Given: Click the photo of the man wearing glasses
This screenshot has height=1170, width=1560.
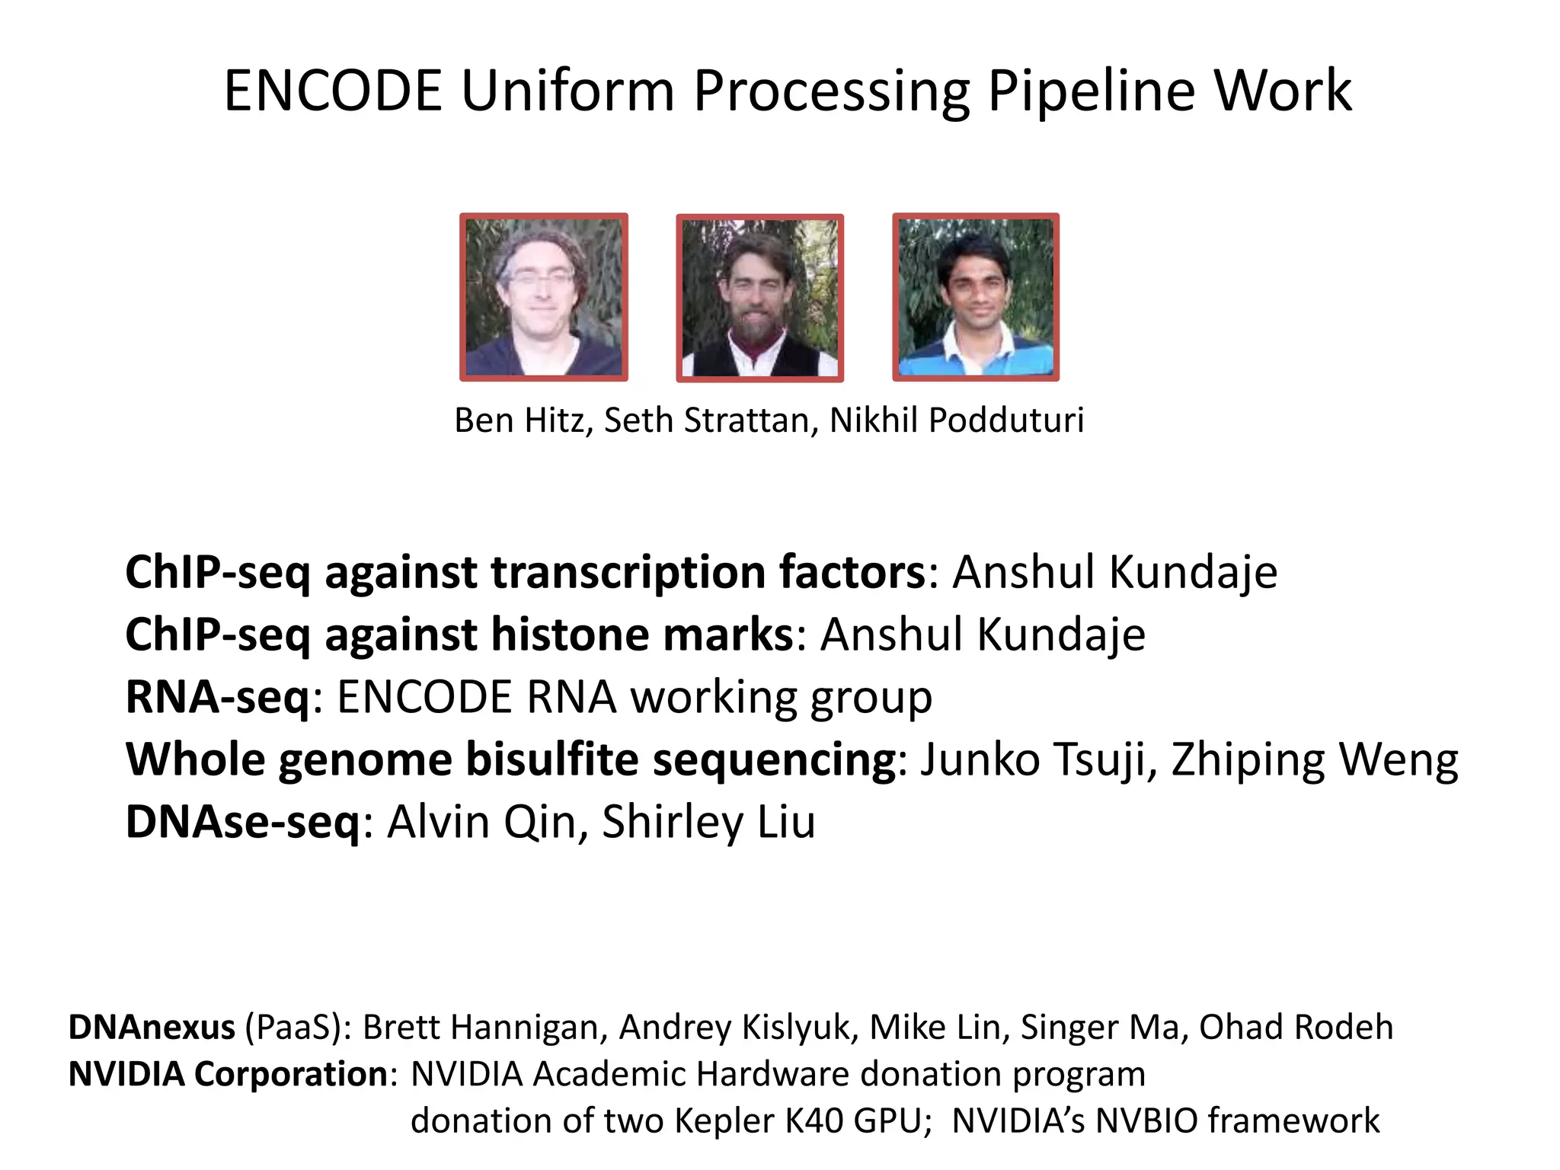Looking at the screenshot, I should tap(544, 297).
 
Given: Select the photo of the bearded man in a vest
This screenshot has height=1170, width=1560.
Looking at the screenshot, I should tap(760, 298).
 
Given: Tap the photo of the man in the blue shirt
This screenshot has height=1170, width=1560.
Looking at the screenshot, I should tap(976, 297).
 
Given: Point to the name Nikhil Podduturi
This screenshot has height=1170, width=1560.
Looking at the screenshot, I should tap(957, 420).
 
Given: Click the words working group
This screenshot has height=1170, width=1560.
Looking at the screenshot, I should tap(782, 698).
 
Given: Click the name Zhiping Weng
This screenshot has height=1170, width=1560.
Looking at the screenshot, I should tap(1315, 760).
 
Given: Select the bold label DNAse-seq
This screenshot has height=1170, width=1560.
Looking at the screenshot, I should tap(243, 823).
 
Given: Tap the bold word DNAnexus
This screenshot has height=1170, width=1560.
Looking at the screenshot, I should tap(152, 1028).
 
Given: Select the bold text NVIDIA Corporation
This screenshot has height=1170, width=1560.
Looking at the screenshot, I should tap(229, 1075).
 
